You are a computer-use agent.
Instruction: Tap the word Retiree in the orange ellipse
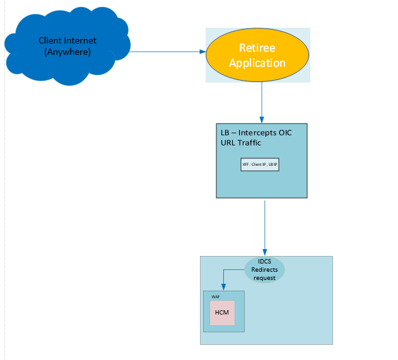pos(257,48)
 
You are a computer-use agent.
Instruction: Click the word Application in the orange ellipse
pos(257,63)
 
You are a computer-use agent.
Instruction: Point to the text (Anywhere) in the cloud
pos(67,51)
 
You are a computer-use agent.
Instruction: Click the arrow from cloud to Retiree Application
pos(164,52)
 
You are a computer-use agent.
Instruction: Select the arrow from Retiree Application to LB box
pos(262,101)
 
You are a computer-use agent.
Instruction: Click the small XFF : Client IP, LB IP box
pos(260,164)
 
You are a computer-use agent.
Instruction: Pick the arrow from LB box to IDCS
pos(264,227)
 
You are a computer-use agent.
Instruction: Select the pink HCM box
pos(222,313)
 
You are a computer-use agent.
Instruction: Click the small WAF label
pos(215,295)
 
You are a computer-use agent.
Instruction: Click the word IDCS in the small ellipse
pos(264,262)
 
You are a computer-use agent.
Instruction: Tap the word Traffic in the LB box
pos(249,142)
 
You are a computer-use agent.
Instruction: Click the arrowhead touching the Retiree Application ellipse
pos(202,52)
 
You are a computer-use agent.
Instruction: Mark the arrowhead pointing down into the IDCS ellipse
pos(264,252)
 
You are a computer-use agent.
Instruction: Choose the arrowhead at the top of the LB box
pos(262,120)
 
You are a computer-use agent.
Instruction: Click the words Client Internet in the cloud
pos(67,41)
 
